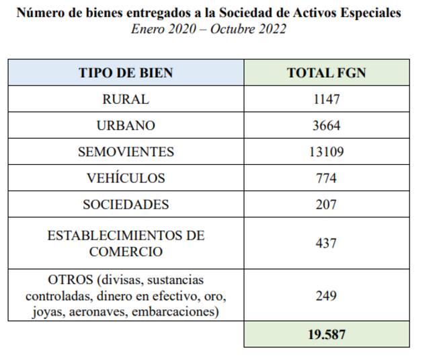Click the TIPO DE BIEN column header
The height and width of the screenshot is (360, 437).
126,73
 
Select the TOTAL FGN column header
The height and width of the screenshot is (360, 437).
326,73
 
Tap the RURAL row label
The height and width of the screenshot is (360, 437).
126,99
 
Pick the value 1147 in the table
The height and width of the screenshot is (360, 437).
326,99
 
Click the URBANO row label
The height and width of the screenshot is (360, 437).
126,125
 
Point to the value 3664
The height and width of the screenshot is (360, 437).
326,125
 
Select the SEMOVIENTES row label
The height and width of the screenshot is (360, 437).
126,151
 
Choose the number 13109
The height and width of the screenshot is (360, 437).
326,151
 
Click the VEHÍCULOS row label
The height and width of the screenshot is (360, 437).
126,178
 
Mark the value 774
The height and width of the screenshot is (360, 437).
326,178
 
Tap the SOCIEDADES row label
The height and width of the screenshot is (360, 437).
126,205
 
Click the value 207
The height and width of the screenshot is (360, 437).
326,205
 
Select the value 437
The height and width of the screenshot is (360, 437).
326,244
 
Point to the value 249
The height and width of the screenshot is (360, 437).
326,295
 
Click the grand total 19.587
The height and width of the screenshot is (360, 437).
326,334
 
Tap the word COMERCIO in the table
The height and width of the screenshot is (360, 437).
126,252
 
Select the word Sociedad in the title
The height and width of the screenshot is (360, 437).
246,13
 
